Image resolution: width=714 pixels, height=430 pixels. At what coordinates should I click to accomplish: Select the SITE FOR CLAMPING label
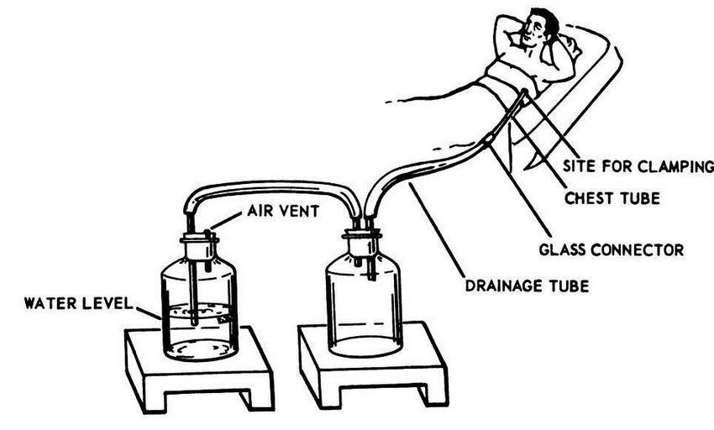[x=638, y=165]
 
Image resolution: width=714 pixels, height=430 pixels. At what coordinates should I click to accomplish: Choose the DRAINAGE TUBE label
[x=527, y=286]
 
